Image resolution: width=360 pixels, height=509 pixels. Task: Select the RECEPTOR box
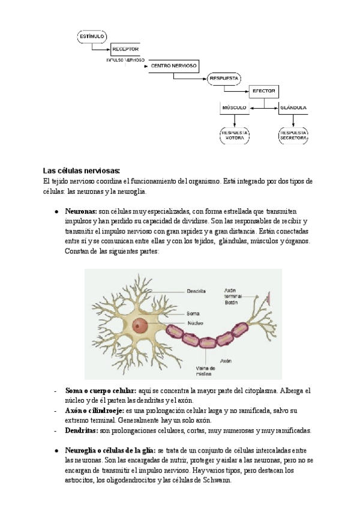[x=125, y=49]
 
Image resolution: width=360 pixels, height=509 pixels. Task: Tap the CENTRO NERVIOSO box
[x=174, y=65]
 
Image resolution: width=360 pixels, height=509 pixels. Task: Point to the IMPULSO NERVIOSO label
[x=125, y=60]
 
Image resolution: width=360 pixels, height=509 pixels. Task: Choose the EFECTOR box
[x=263, y=91]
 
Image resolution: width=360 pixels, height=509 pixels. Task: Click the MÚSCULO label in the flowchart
[x=235, y=108]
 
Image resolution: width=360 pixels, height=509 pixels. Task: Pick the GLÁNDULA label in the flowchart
[x=293, y=108]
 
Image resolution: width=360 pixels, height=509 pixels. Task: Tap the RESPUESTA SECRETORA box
[x=293, y=135]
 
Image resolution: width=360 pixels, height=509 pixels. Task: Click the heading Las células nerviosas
[x=82, y=170]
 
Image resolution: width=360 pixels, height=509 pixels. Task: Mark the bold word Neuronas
[x=81, y=212]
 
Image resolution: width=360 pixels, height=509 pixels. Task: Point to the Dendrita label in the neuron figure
[x=196, y=291]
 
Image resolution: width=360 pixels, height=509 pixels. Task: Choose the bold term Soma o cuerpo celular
[x=100, y=391]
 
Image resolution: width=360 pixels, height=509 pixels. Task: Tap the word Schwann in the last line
[x=213, y=480]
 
